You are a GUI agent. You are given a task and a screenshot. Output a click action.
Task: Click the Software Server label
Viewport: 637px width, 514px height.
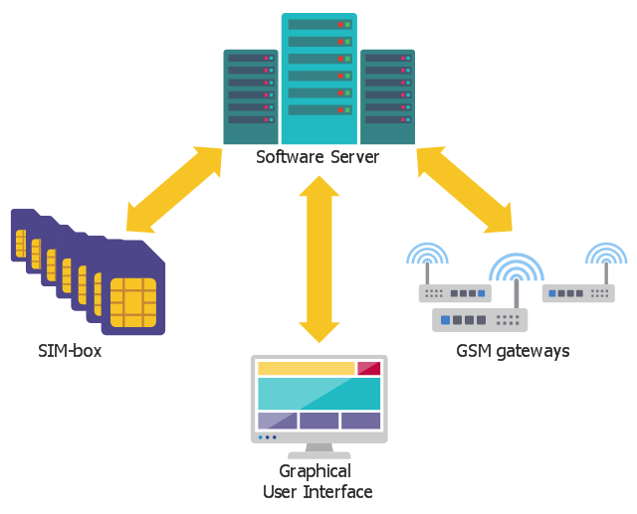(318, 157)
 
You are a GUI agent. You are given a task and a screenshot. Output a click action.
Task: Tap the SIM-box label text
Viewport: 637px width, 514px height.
(70, 351)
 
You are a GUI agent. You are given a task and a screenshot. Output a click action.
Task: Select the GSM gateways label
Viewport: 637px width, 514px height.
(513, 351)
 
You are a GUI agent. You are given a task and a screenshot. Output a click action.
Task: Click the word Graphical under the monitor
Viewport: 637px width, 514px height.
(315, 471)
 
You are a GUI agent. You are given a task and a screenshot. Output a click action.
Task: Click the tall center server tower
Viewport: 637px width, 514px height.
(318, 80)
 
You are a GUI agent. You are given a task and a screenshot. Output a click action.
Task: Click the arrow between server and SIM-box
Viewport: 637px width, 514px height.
(174, 190)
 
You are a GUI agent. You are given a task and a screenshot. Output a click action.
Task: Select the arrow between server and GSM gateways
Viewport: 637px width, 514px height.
(465, 190)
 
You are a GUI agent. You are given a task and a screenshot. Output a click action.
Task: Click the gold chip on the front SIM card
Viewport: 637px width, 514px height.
(132, 302)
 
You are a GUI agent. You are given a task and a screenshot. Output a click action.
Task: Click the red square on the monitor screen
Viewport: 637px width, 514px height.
(368, 369)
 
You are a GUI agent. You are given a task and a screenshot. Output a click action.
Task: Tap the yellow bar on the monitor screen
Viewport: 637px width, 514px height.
(306, 369)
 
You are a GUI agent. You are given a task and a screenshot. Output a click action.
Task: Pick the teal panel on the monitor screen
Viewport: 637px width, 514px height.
(318, 394)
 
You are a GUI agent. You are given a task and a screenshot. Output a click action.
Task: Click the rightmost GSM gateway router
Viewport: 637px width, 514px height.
(578, 293)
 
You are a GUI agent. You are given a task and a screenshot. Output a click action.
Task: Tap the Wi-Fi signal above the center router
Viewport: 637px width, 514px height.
(517, 267)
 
